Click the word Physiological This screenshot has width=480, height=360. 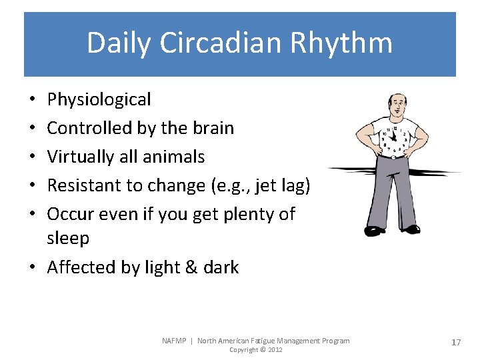click(x=99, y=100)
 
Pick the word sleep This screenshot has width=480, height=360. click(x=68, y=239)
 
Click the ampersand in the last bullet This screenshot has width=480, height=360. click(x=192, y=267)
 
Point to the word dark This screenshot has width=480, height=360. click(x=221, y=267)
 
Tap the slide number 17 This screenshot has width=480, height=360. click(x=456, y=342)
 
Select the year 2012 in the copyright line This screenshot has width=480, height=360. click(x=274, y=350)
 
